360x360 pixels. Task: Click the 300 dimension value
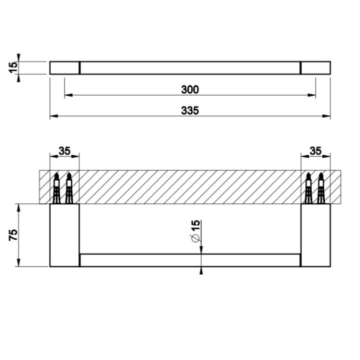coord(190,89)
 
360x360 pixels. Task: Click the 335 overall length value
coord(190,111)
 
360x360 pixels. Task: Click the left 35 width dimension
coord(64,150)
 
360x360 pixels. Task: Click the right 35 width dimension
coord(315,150)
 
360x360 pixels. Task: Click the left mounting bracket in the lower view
coord(64,235)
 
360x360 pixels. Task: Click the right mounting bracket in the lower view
coord(315,235)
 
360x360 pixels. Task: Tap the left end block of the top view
coord(64,67)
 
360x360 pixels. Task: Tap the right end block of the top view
coord(315,67)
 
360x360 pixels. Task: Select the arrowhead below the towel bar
coord(201,271)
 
